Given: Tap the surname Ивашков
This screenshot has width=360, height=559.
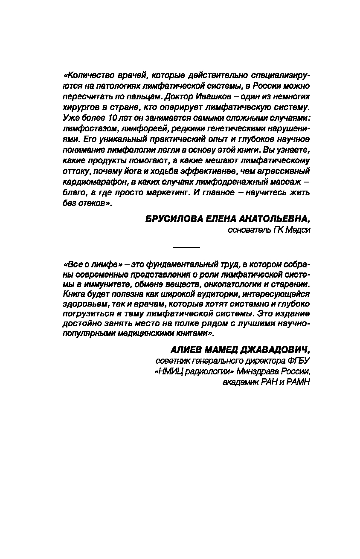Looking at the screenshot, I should [206, 97].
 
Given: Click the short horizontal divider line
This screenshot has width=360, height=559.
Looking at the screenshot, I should [186, 247].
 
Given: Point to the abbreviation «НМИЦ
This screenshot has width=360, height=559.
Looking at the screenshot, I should [167, 371].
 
